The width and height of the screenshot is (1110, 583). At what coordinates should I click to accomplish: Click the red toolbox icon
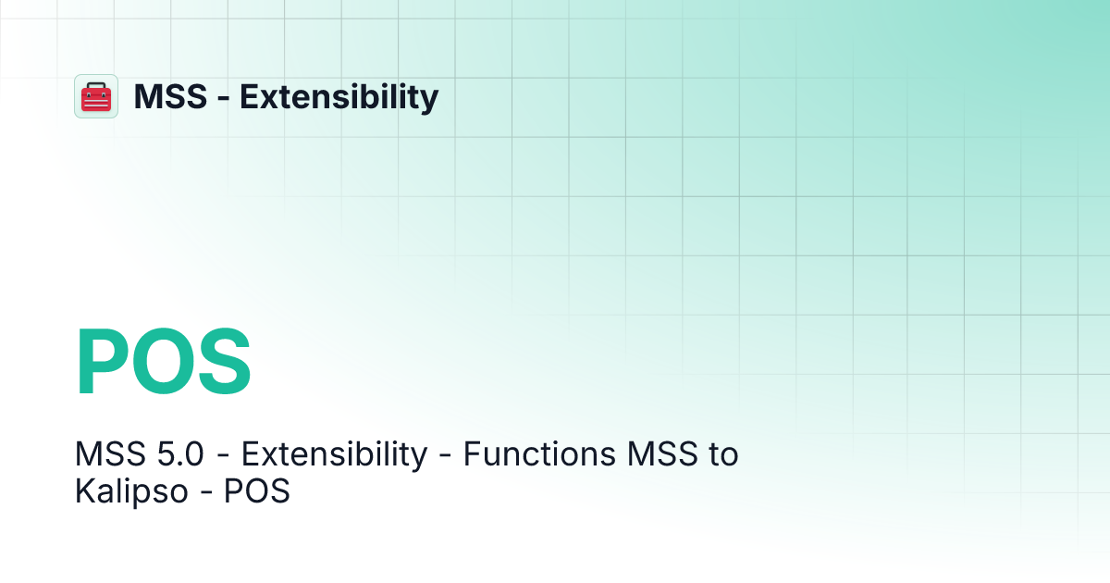point(96,97)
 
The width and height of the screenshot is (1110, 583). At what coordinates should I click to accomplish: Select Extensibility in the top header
point(339,96)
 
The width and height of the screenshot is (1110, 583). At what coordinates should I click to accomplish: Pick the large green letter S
point(223,364)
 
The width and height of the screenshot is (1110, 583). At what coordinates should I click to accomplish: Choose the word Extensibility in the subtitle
point(335,454)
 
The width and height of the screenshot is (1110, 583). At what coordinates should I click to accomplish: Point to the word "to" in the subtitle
point(723,454)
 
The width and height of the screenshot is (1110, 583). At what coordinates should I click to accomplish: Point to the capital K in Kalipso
point(84,491)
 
